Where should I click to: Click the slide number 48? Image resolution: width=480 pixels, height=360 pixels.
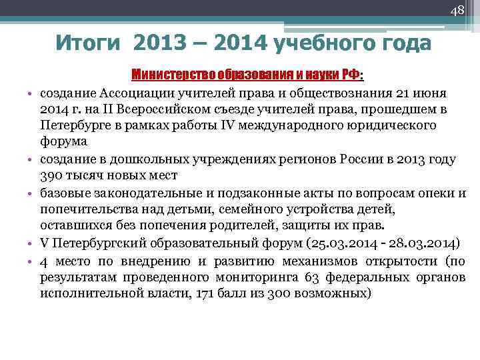coord(457,11)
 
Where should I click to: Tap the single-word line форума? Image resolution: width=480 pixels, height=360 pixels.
coord(63,142)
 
